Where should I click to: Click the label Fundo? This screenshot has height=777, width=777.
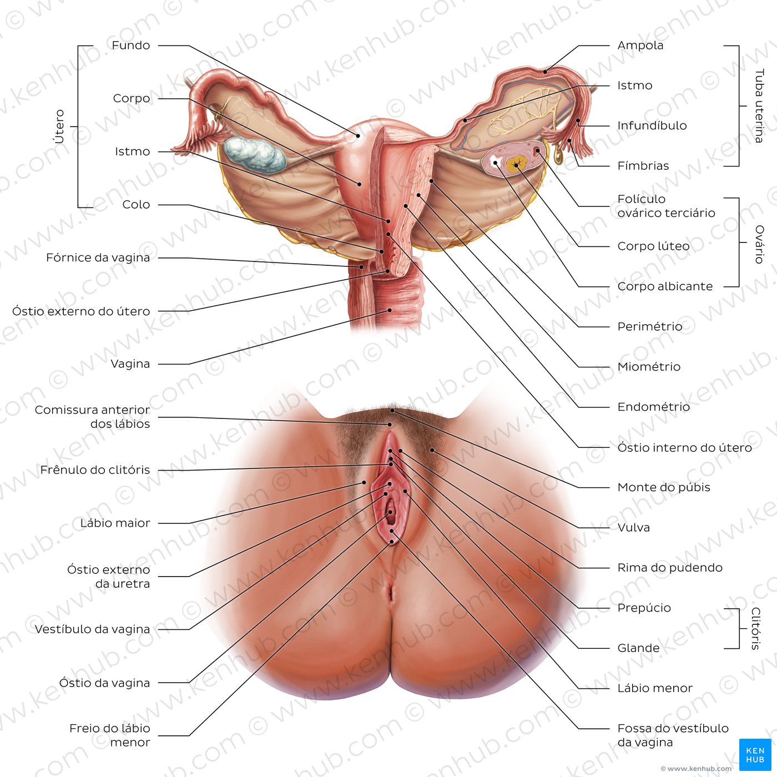(x=130, y=46)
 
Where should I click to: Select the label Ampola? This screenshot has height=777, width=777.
(x=640, y=46)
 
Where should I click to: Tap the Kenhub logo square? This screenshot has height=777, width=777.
(x=755, y=755)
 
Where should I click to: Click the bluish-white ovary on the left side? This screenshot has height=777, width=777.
(x=255, y=154)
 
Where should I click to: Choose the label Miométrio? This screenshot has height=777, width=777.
(x=649, y=366)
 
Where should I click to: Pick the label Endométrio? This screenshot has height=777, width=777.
(x=654, y=407)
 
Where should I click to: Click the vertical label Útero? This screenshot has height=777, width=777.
(x=60, y=127)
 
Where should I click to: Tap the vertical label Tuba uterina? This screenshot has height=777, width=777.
(x=759, y=106)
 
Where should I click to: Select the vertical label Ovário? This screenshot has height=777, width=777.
(x=759, y=244)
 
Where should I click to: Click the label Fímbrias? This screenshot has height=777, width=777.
(x=643, y=166)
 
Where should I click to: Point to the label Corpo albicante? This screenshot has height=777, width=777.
(x=665, y=286)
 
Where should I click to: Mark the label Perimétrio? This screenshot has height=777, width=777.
(x=649, y=326)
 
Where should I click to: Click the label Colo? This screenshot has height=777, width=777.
(x=137, y=204)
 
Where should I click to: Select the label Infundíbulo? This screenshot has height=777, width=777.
(x=652, y=125)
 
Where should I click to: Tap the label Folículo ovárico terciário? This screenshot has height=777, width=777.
(x=666, y=206)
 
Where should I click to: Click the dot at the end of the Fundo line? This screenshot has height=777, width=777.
(x=357, y=136)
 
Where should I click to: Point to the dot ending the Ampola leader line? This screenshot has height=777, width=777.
(x=545, y=72)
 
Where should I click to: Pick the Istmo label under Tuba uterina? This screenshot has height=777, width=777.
(x=635, y=85)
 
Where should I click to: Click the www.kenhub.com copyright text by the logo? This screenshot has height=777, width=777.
(x=696, y=769)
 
